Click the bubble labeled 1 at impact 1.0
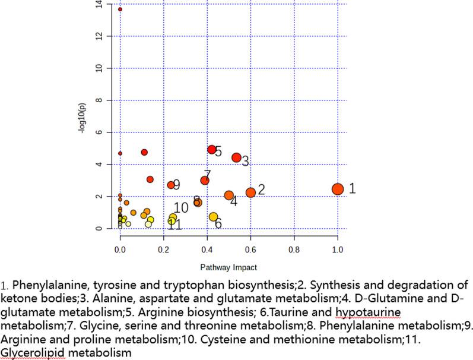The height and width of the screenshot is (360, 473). (x=338, y=189)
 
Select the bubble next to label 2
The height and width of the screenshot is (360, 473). (x=250, y=192)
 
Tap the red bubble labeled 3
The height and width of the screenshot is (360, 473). (x=236, y=157)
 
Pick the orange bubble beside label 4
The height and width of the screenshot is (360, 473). (x=229, y=195)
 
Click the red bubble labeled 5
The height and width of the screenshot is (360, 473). (x=212, y=149)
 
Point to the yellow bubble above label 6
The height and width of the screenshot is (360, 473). (x=213, y=217)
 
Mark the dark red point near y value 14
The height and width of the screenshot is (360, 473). (x=120, y=10)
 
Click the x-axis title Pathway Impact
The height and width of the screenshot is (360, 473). (x=228, y=267)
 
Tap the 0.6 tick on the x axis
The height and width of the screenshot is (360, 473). (x=250, y=251)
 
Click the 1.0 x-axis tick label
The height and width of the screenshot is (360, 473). (x=338, y=251)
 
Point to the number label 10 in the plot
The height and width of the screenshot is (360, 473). (x=181, y=207)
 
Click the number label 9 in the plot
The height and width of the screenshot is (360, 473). (x=176, y=185)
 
